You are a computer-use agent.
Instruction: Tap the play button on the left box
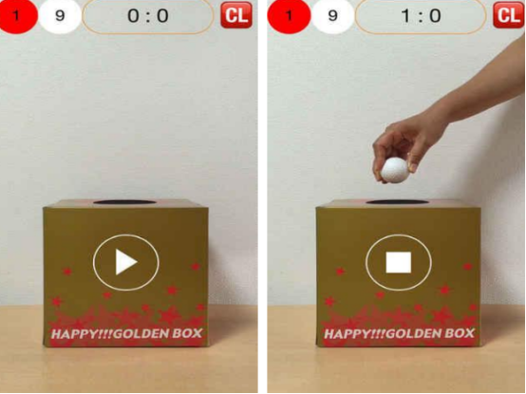click(x=125, y=262)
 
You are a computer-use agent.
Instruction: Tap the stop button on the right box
click(x=399, y=262)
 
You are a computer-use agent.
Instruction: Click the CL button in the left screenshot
click(x=236, y=15)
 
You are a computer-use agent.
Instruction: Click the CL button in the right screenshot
click(x=509, y=15)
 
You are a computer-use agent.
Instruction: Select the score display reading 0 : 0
click(x=147, y=16)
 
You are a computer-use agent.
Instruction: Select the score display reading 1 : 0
click(x=421, y=16)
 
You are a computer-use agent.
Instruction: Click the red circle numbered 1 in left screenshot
click(x=17, y=16)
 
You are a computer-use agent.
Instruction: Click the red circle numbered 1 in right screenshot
click(x=289, y=16)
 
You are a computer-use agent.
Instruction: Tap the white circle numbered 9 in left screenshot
click(x=60, y=16)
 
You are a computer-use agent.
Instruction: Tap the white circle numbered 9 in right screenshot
click(x=332, y=16)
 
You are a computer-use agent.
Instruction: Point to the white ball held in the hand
click(x=395, y=170)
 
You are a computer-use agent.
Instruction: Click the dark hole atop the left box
click(x=124, y=202)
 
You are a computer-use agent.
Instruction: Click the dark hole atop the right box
click(x=397, y=202)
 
